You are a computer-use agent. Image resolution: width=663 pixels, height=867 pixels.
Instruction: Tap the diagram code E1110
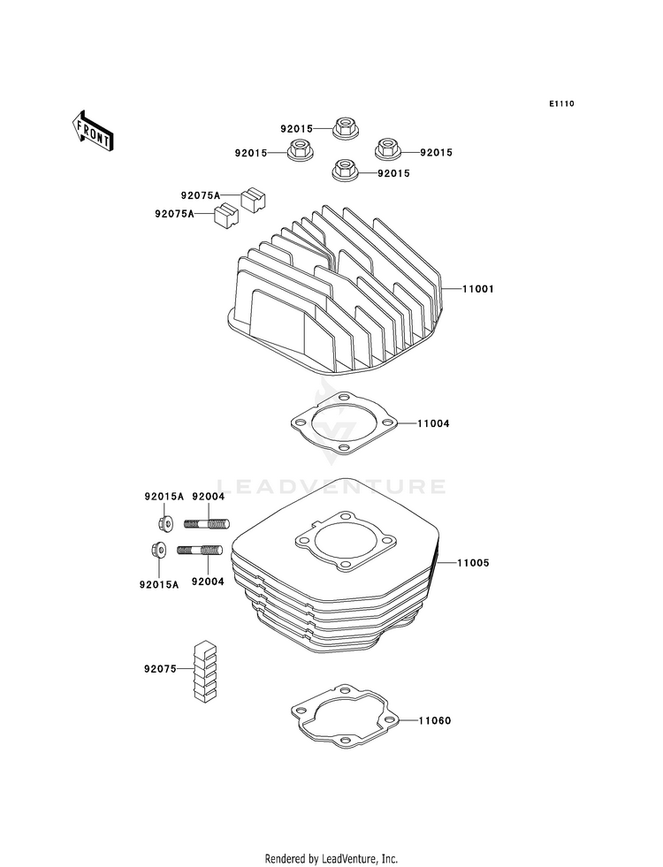[x=561, y=104]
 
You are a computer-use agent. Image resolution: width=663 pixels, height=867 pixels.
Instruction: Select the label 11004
[x=433, y=424]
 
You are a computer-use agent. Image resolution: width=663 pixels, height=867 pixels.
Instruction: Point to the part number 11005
[x=472, y=562]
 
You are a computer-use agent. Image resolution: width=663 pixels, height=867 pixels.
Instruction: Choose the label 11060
[x=434, y=721]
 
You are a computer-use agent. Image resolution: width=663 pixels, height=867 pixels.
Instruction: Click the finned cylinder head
[x=336, y=292]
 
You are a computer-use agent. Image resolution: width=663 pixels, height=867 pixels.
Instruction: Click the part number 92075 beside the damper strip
[x=161, y=669]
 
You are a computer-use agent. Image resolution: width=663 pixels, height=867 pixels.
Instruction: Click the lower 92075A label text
[x=174, y=213]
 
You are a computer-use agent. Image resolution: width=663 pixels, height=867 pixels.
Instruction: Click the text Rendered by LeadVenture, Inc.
[x=331, y=858]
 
